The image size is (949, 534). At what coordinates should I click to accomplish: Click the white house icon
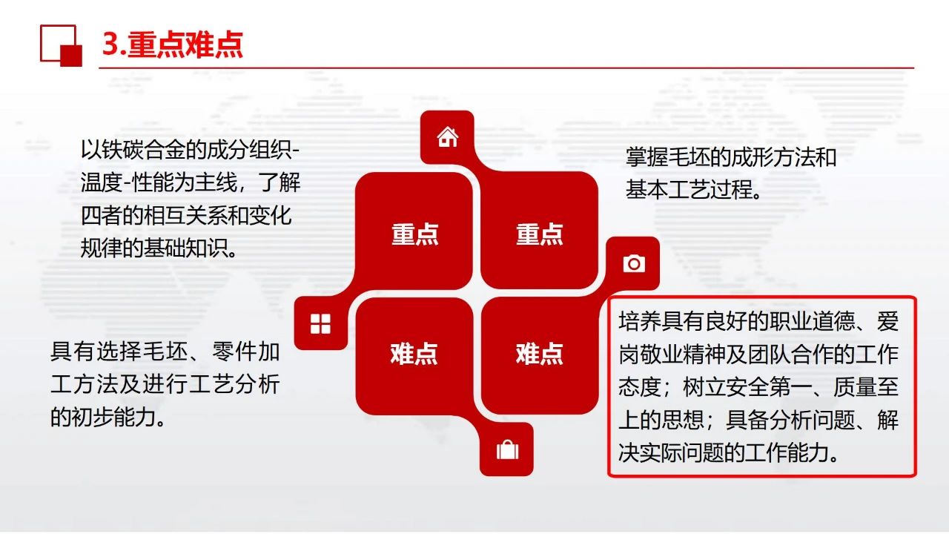[x=447, y=137]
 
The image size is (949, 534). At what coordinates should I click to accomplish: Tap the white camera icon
[x=634, y=263]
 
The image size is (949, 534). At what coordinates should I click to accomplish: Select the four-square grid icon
[x=320, y=324]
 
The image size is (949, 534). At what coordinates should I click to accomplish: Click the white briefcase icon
[x=507, y=449]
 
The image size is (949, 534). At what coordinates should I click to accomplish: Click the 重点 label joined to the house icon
[x=539, y=234]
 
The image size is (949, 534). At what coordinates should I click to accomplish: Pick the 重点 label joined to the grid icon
[x=414, y=234]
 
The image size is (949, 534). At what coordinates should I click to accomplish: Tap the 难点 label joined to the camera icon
[x=539, y=354]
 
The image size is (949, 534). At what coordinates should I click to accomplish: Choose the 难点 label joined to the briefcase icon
[x=414, y=354]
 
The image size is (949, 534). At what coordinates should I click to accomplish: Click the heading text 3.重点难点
[x=173, y=44]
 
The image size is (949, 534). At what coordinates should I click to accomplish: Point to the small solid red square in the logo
[x=71, y=56]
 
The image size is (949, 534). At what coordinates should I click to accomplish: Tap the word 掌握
[x=647, y=157]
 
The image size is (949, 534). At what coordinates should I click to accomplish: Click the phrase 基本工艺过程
[x=689, y=189]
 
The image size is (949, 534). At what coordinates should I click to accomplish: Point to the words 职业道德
[x=813, y=321]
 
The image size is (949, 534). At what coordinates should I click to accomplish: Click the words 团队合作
[x=791, y=354]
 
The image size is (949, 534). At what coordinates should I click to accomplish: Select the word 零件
[x=234, y=352]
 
